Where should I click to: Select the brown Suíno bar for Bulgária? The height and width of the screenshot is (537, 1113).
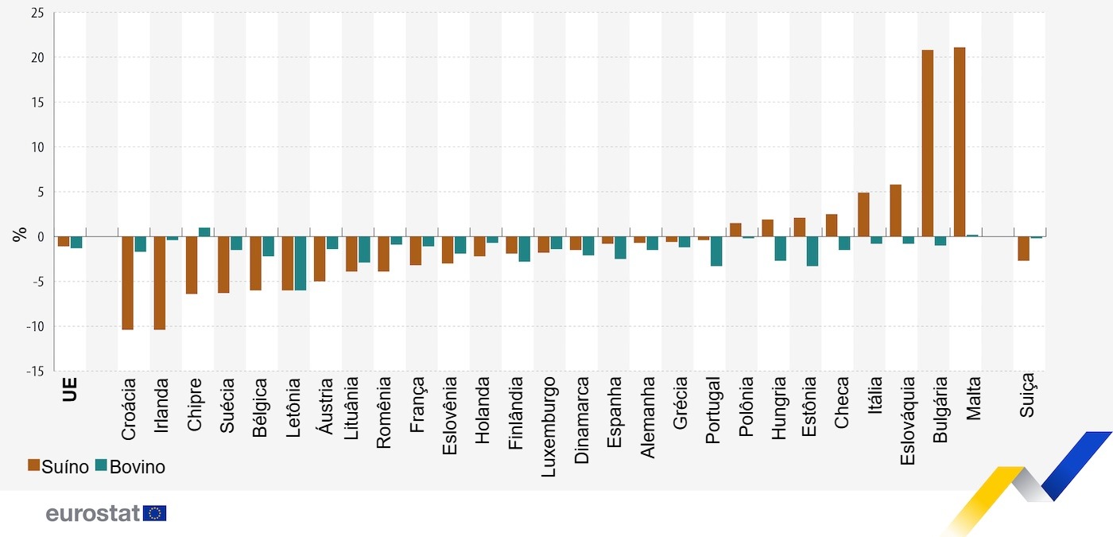pyautogui.click(x=927, y=143)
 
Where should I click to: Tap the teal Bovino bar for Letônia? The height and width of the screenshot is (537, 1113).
pyautogui.click(x=301, y=263)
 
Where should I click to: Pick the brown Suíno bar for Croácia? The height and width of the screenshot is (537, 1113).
pyautogui.click(x=127, y=282)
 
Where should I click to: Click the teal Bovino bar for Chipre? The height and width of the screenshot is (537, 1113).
pyautogui.click(x=204, y=232)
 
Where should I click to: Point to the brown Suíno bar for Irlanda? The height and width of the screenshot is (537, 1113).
pyautogui.click(x=159, y=282)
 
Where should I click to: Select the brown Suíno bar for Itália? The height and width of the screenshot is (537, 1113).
pyautogui.click(x=863, y=215)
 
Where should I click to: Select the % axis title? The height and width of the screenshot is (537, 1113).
pyautogui.click(x=19, y=235)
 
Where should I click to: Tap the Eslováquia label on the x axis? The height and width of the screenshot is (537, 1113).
pyautogui.click(x=908, y=422)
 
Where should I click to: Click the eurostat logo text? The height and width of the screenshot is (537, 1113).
pyautogui.click(x=92, y=513)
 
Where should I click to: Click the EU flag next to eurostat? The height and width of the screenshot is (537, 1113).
pyautogui.click(x=155, y=513)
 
